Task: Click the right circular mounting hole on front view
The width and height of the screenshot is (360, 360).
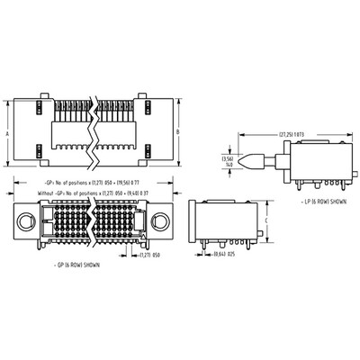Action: click(x=159, y=222)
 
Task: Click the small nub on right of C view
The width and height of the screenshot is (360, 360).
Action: click(x=260, y=238)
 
